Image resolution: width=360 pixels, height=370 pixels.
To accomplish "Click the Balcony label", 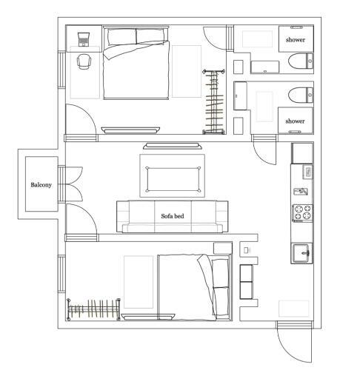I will [x=41, y=185].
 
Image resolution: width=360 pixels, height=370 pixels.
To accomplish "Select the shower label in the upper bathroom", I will [x=295, y=39].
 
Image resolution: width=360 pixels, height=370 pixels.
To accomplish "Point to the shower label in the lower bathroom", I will [x=295, y=120].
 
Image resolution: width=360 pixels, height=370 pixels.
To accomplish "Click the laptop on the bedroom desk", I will [x=81, y=36].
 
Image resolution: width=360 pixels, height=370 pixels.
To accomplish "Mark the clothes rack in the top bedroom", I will [x=215, y=101].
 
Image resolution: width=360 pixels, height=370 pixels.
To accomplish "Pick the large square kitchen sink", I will [x=302, y=252].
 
